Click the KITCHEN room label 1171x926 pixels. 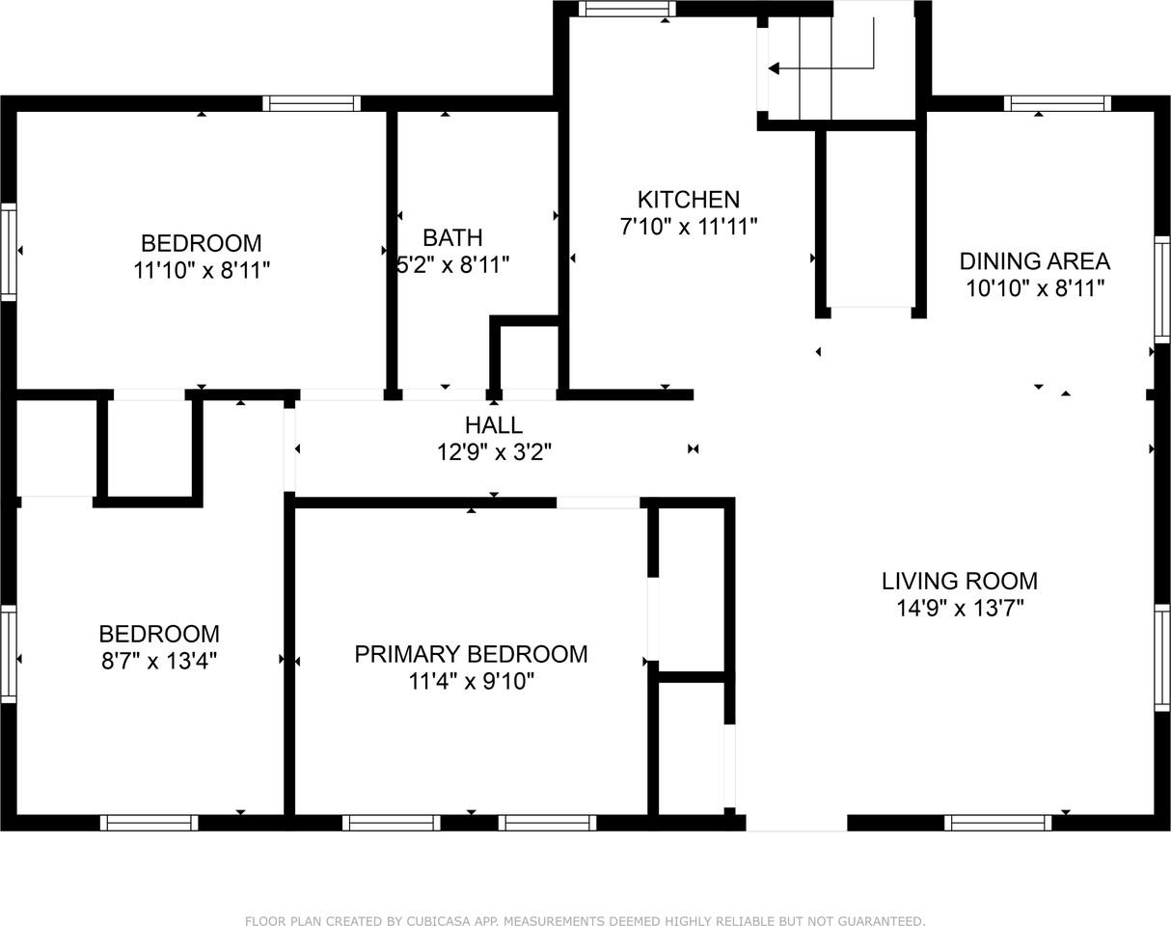click(688, 200)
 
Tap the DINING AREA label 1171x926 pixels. click(1034, 260)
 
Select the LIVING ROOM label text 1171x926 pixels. click(959, 581)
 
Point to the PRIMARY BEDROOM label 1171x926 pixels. click(471, 654)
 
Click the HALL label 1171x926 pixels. click(494, 424)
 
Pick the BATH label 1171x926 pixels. click(452, 237)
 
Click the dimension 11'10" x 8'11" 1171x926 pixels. click(201, 270)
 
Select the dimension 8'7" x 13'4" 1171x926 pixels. click(159, 662)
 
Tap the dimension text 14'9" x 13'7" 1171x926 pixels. click(959, 608)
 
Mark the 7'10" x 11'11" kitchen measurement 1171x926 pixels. click(688, 227)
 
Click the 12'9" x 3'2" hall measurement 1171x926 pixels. click(494, 451)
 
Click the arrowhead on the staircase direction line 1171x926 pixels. click(774, 68)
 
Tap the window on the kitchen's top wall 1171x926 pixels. click(626, 10)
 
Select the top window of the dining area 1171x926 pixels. click(1057, 103)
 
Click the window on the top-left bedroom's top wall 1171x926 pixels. click(312, 103)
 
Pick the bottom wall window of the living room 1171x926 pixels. click(997, 823)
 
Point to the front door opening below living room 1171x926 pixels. click(797, 823)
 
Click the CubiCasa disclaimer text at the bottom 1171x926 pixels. click(585, 921)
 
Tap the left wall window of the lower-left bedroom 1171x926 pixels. click(8, 654)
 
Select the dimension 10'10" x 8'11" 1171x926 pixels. click(1034, 287)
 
